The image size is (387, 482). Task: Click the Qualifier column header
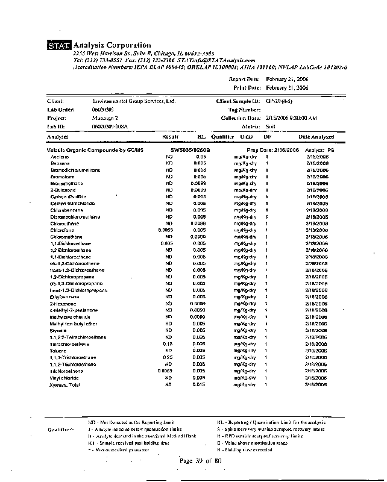(x=222, y=137)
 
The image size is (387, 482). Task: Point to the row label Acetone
(x=60, y=157)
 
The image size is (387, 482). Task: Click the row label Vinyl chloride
(x=64, y=378)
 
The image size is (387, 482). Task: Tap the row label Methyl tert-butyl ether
(x=72, y=324)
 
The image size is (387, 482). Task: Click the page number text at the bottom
(x=201, y=461)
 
